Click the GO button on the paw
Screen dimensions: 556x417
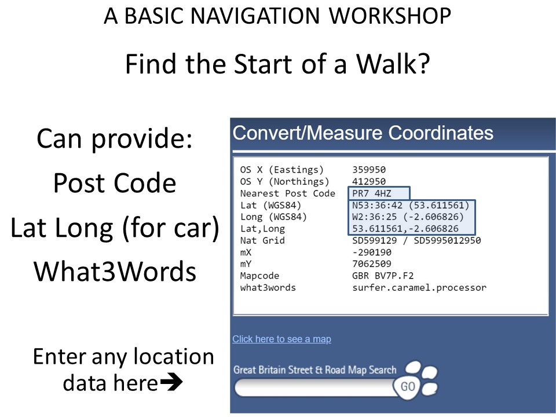click(408, 386)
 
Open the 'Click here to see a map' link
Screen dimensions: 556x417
click(282, 339)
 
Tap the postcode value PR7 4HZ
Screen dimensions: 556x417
click(372, 193)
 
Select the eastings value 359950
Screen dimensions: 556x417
click(369, 170)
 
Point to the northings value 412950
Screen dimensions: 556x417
click(369, 181)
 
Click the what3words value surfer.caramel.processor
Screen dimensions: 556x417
click(419, 288)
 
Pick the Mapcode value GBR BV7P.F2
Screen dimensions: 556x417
click(383, 276)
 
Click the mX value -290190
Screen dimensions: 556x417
click(372, 252)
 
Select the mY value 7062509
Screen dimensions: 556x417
click(372, 264)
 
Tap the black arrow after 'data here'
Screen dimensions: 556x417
click(171, 382)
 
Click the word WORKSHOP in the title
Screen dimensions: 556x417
click(390, 16)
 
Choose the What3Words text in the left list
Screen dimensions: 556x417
click(115, 271)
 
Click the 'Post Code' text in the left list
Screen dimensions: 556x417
click(115, 183)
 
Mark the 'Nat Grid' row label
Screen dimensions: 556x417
click(262, 240)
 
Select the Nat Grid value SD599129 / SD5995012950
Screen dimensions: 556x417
click(416, 240)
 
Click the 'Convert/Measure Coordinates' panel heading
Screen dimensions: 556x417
click(363, 133)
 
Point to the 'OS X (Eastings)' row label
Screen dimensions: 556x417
click(282, 170)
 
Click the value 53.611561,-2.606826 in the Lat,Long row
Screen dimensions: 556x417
click(405, 229)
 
